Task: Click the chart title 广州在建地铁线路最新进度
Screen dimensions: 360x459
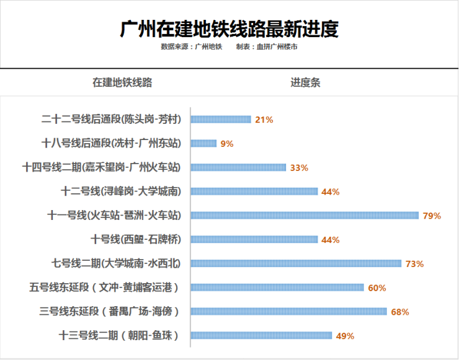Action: (x=229, y=29)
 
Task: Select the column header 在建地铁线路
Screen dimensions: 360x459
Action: (x=123, y=82)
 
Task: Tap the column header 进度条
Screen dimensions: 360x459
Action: (x=305, y=82)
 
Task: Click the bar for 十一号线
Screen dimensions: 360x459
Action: (x=305, y=216)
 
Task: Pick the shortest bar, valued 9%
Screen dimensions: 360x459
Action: (x=203, y=144)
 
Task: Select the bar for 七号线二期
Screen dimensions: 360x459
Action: (x=296, y=264)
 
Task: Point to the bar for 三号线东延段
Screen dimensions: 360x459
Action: (x=288, y=312)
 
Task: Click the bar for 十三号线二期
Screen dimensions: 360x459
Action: (x=261, y=336)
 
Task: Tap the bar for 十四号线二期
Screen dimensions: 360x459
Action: (x=238, y=167)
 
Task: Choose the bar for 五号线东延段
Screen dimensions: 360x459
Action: (x=277, y=288)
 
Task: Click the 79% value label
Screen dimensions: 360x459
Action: (x=432, y=216)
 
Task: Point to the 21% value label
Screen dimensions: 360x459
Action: (x=264, y=120)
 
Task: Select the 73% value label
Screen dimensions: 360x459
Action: (x=414, y=264)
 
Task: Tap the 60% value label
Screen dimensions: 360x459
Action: (x=377, y=288)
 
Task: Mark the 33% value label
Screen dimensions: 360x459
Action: (x=299, y=168)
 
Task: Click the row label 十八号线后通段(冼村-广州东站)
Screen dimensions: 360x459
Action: (x=111, y=144)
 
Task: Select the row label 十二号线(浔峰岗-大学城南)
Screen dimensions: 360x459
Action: (x=121, y=191)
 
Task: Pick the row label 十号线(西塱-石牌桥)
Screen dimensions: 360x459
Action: (x=136, y=240)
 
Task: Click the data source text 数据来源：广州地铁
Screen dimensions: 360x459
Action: (x=191, y=46)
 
